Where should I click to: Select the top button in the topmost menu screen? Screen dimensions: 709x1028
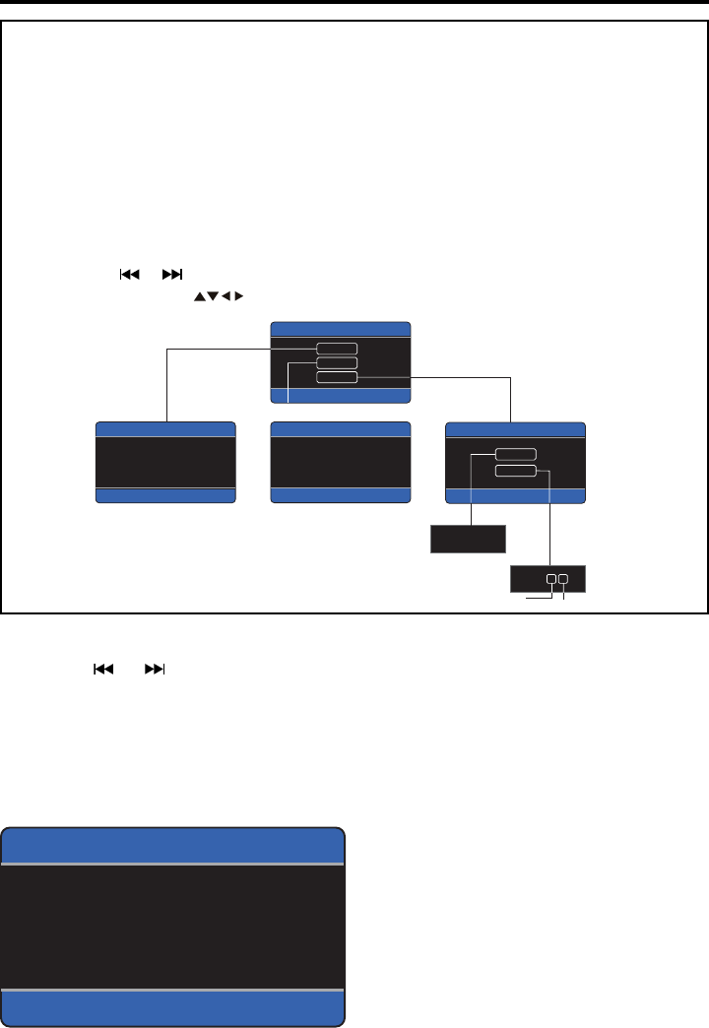click(337, 348)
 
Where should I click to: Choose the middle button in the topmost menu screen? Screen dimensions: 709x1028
click(337, 362)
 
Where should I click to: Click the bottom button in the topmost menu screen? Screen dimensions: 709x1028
click(337, 376)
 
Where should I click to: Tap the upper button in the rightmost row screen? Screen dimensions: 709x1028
click(516, 454)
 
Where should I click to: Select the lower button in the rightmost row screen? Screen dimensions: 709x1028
click(516, 471)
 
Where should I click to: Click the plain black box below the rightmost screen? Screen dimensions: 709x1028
click(469, 540)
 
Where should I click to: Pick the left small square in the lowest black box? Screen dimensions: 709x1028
click(551, 579)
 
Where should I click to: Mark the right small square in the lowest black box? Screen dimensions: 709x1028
click(563, 579)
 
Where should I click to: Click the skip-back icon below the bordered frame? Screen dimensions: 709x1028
click(101, 669)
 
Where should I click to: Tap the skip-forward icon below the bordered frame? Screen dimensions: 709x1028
click(156, 669)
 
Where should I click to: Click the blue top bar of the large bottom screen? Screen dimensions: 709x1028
click(173, 846)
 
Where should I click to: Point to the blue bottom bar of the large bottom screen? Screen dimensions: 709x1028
click(173, 1006)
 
